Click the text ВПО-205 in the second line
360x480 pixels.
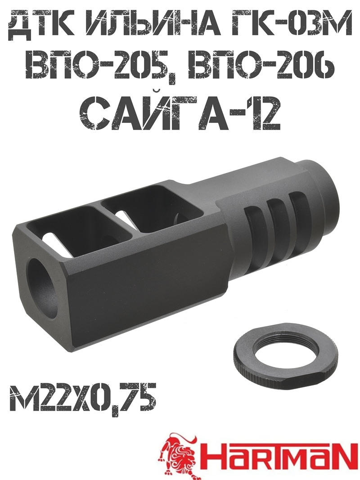[x=104, y=67]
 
